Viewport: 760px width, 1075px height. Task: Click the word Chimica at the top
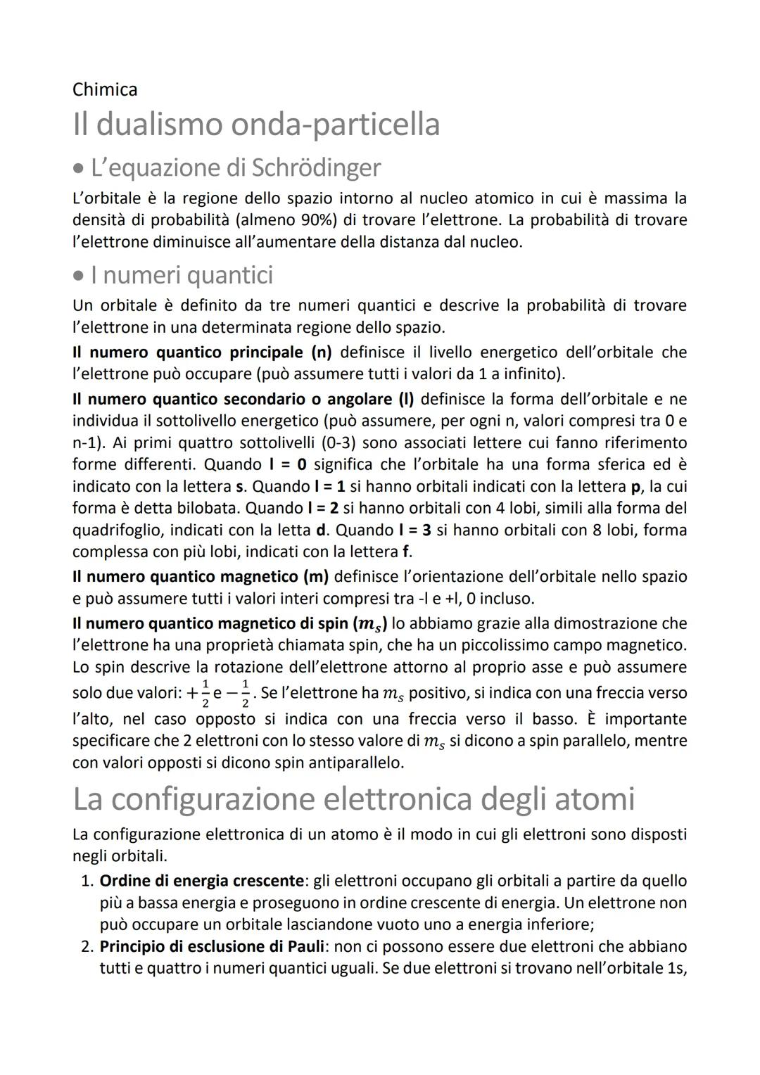click(x=105, y=89)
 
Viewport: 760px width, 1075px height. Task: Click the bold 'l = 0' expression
click(x=289, y=464)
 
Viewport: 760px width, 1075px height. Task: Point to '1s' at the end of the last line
click(x=676, y=969)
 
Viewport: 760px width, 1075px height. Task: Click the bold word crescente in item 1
click(x=268, y=881)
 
